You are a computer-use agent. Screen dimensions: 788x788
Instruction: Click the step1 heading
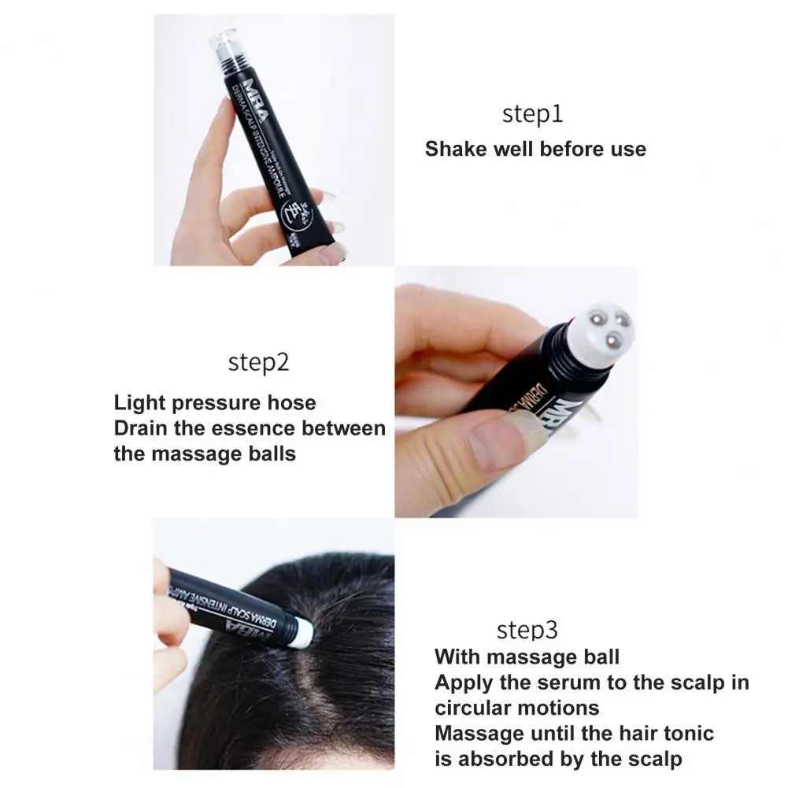tap(533, 114)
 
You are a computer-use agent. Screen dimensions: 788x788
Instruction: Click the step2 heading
tap(258, 363)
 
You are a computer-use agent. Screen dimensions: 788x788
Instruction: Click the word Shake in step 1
tap(456, 149)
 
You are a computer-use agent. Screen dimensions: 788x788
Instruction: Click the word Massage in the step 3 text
tap(479, 733)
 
